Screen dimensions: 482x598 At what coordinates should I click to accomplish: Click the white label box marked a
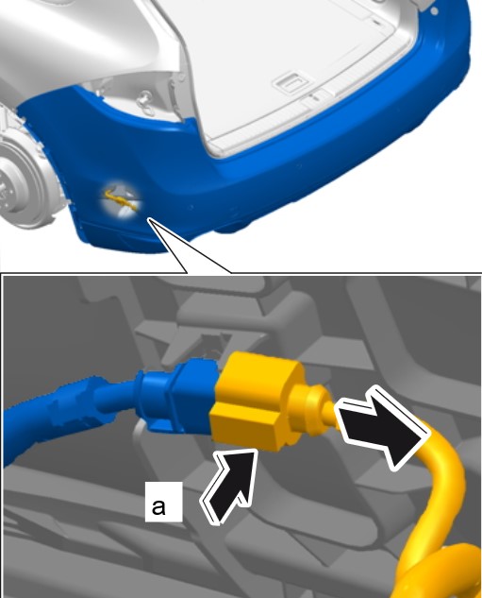point(164,502)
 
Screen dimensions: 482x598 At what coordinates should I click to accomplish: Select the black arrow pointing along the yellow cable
point(382,426)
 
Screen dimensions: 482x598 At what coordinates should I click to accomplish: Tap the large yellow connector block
point(255,401)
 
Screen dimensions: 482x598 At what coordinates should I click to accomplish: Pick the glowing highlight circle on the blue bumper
point(121,199)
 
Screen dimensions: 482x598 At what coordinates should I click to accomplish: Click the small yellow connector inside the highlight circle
point(119,199)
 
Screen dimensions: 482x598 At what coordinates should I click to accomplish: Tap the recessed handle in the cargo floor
point(293,81)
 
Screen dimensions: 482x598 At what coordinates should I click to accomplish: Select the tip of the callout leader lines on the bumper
point(149,219)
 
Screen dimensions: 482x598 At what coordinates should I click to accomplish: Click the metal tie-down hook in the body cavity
point(145,102)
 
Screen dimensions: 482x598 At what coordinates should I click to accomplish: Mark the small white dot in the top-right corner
point(435,11)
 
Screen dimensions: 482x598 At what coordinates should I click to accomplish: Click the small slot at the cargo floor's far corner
point(375,22)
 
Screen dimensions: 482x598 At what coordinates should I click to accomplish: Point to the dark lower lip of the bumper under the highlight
point(118,237)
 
